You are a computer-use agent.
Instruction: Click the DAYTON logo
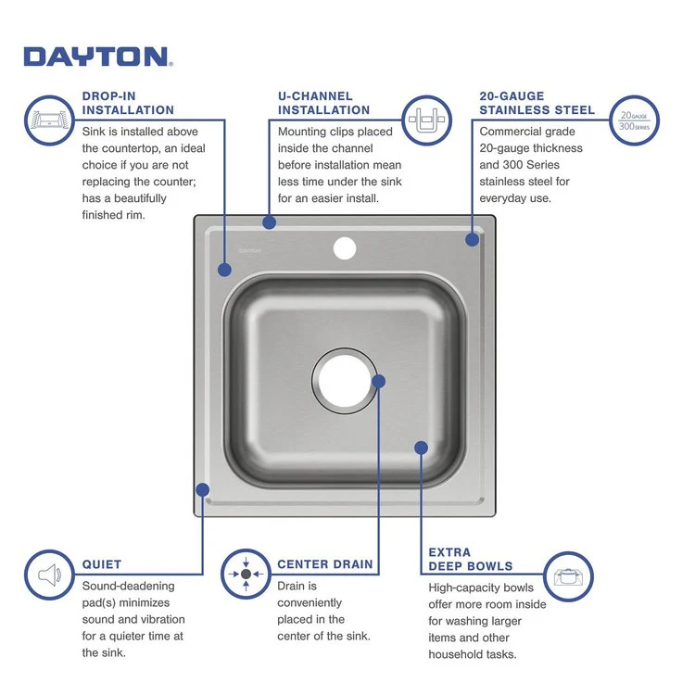click(x=97, y=57)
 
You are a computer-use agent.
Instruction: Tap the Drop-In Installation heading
click(x=128, y=103)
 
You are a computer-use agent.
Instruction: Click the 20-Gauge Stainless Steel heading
click(x=537, y=103)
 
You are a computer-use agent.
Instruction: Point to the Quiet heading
click(x=102, y=563)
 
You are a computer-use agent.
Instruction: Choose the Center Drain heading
click(x=325, y=563)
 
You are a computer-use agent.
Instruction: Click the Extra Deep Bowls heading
click(x=470, y=559)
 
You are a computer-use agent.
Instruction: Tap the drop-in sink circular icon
click(x=48, y=120)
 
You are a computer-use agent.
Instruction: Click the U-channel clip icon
click(x=427, y=120)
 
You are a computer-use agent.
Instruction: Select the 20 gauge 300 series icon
click(x=634, y=120)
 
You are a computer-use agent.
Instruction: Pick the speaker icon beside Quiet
click(x=48, y=575)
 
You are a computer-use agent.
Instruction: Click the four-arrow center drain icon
click(x=246, y=575)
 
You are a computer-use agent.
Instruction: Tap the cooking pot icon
click(x=567, y=576)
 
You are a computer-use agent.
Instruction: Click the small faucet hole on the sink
click(x=345, y=247)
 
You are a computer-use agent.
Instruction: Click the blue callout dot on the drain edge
click(x=378, y=380)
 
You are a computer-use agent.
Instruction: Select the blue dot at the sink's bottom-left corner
click(x=203, y=489)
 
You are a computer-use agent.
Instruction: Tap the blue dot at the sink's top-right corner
click(x=473, y=239)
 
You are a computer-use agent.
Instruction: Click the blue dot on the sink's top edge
click(x=269, y=222)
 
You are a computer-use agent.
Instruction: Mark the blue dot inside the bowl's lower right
click(x=421, y=448)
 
